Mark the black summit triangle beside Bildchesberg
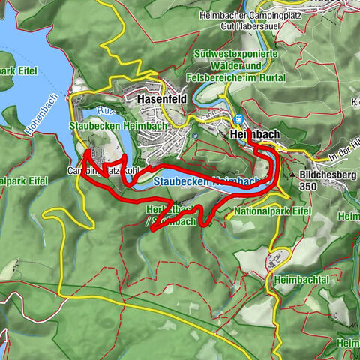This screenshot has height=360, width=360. tap(292, 174)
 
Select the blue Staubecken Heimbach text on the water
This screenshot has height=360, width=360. tap(206, 181)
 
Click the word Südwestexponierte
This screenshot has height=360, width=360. tap(235, 54)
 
